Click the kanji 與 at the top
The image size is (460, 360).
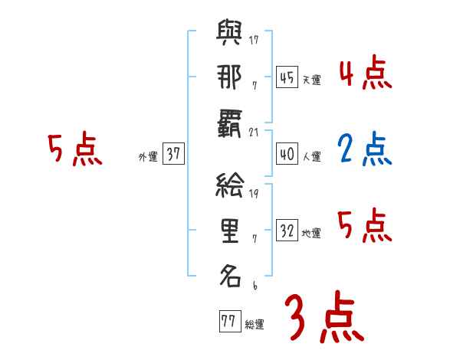(229, 36)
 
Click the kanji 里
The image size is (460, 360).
(229, 229)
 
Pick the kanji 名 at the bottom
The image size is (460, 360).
(229, 273)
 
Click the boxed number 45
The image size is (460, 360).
(287, 76)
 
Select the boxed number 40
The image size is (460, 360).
(287, 153)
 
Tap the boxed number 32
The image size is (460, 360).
(287, 231)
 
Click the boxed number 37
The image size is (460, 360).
(173, 153)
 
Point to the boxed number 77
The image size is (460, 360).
(228, 321)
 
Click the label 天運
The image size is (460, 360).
(311, 79)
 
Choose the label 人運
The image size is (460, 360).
(311, 156)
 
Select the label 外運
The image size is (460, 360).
(147, 156)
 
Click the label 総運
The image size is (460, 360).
(255, 324)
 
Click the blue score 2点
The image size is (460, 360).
(364, 149)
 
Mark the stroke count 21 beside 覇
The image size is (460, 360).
(254, 132)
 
